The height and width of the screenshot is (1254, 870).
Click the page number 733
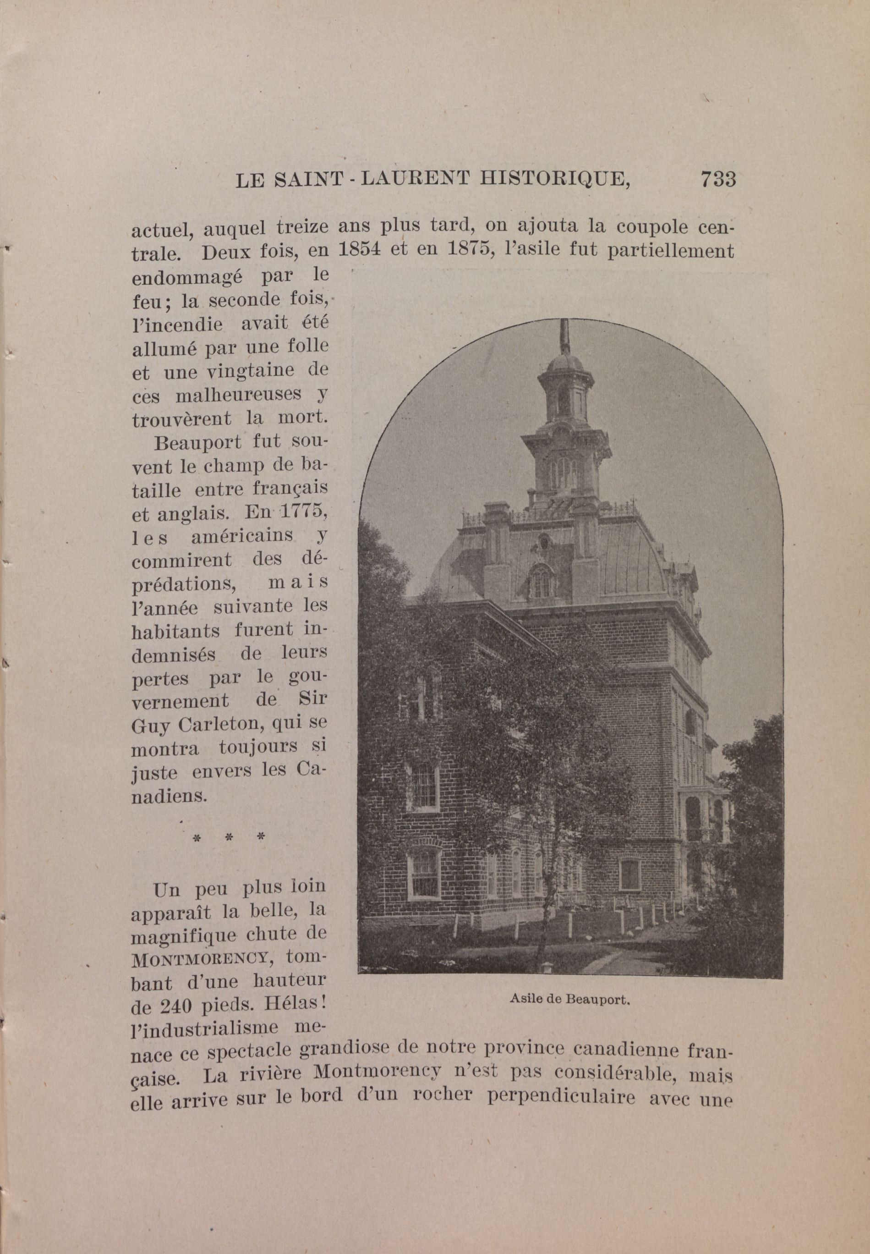tap(718, 179)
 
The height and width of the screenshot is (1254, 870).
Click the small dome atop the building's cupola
tap(565, 362)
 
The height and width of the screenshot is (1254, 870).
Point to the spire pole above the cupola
tap(565, 335)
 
